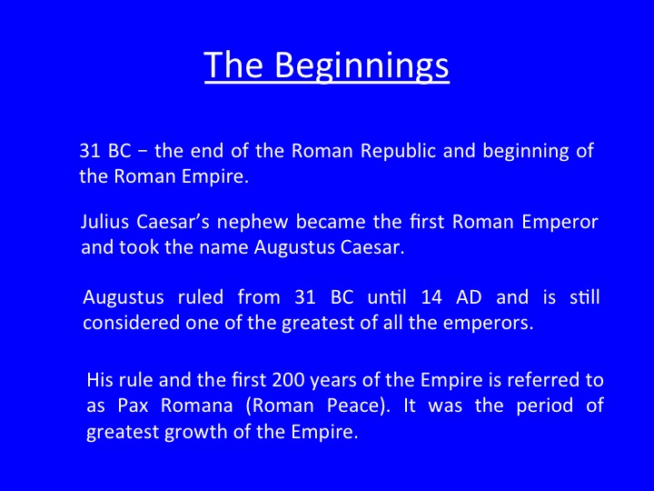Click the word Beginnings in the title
362,66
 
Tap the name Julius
104,222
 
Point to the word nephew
253,223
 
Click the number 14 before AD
431,297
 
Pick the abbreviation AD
469,297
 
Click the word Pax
133,406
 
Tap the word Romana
196,406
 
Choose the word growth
196,432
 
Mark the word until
387,297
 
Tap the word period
544,406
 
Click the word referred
541,380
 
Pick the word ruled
200,297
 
